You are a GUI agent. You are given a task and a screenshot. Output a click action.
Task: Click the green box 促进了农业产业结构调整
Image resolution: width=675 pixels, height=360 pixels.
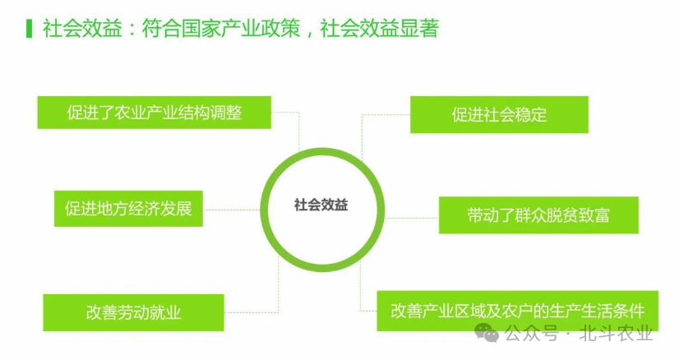click(154, 113)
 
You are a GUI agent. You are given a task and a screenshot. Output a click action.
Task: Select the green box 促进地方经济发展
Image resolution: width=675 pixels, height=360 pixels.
click(128, 209)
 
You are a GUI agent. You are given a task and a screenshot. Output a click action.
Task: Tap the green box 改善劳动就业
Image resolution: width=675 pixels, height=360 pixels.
click(132, 312)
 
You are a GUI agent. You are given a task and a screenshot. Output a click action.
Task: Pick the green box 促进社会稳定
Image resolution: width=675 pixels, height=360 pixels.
click(499, 114)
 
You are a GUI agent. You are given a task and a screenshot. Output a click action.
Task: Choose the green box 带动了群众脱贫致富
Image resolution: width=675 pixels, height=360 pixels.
click(538, 215)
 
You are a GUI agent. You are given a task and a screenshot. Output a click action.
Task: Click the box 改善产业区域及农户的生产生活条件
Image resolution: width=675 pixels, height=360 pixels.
click(517, 311)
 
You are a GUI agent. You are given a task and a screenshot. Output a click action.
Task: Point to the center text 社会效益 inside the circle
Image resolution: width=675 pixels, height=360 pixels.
click(321, 205)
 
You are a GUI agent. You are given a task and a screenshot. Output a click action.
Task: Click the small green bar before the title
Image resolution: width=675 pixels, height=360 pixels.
click(30, 29)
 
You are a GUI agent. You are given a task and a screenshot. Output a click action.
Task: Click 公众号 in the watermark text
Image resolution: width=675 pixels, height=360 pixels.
click(531, 334)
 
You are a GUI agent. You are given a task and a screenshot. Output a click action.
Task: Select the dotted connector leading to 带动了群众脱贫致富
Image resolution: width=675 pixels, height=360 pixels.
click(411, 217)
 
